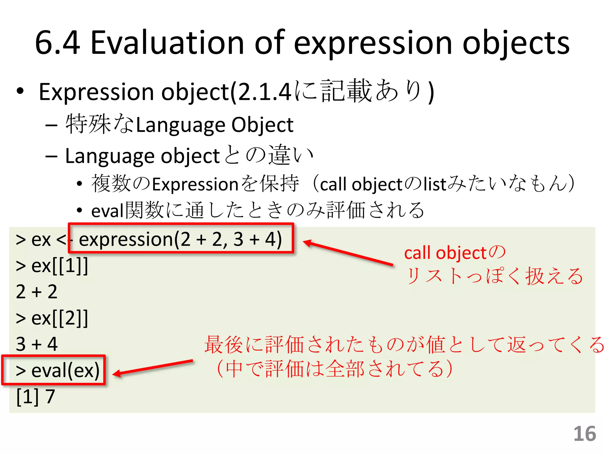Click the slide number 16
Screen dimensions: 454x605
tap(585, 434)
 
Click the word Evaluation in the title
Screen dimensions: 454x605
tap(167, 43)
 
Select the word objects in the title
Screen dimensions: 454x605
tap(516, 43)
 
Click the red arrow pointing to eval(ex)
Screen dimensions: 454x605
tap(153, 367)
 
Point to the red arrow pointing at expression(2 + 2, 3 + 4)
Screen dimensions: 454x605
tap(348, 253)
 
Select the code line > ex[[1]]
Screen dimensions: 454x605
tap(52, 266)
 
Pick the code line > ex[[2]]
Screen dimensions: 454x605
tap(52, 318)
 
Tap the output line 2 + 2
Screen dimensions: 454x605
tap(37, 292)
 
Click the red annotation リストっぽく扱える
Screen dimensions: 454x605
tap(494, 276)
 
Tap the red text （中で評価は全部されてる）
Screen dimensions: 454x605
tap(334, 369)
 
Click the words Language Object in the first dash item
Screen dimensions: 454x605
tap(215, 125)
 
